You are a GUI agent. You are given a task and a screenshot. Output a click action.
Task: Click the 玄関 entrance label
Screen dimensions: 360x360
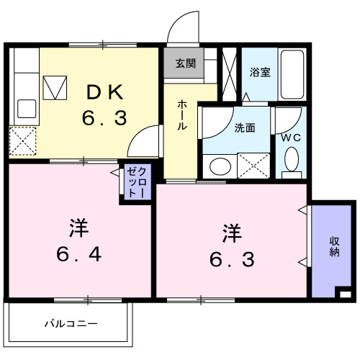click(184, 63)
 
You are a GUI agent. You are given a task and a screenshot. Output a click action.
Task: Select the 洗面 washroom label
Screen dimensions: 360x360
click(244, 128)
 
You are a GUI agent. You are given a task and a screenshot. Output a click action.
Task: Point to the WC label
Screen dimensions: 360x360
click(290, 136)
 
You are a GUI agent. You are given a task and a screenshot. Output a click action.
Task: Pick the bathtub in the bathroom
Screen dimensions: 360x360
click(292, 76)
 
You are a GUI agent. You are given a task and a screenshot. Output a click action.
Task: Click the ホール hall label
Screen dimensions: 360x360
click(183, 114)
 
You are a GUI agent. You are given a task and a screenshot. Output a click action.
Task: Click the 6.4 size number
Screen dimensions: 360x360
click(79, 253)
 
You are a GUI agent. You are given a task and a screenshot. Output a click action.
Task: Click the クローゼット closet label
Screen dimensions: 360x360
click(137, 184)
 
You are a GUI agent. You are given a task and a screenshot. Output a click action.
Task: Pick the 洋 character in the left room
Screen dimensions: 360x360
click(78, 228)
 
